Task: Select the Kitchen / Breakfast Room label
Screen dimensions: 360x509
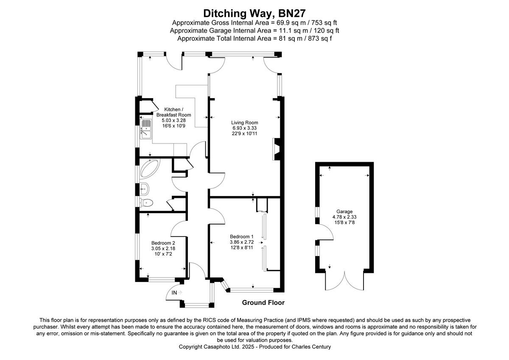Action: [173, 112]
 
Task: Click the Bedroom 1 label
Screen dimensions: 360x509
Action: [241, 236]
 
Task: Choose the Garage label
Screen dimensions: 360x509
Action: [344, 211]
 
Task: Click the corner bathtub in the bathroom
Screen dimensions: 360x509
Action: [149, 169]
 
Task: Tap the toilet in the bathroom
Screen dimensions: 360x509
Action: [146, 202]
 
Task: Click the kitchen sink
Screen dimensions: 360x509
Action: [146, 129]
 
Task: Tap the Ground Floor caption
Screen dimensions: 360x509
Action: [263, 303]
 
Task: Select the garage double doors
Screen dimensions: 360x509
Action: [345, 281]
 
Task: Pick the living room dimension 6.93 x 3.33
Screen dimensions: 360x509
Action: [245, 128]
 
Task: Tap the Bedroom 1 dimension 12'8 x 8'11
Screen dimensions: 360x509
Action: [241, 247]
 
